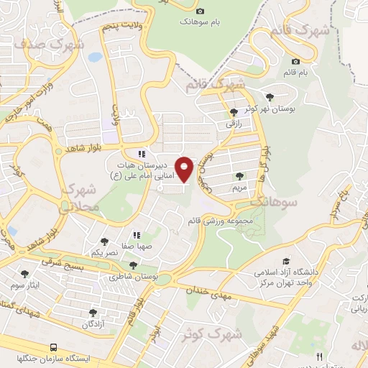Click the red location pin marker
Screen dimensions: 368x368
point(185,169)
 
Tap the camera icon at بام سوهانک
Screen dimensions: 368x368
point(200,10)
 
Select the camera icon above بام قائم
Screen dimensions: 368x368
point(296,61)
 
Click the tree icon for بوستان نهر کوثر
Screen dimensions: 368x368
point(270,96)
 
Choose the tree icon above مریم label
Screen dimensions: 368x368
point(239,175)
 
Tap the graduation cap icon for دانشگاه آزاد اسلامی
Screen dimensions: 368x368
point(286,262)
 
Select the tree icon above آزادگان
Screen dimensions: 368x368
point(93,312)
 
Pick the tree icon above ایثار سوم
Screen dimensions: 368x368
point(25,273)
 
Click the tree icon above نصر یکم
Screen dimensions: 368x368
point(104,242)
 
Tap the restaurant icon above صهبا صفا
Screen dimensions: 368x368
point(136,234)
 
